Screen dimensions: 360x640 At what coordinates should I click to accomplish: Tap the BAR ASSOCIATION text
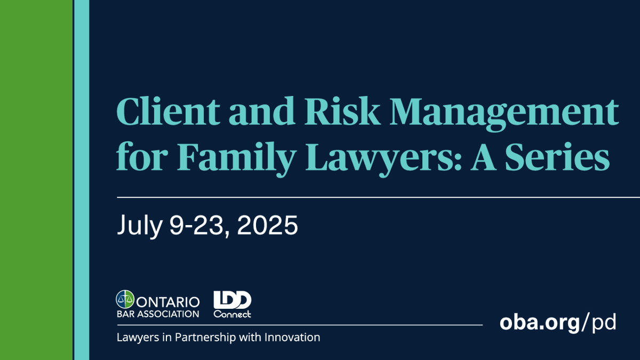[x=157, y=314]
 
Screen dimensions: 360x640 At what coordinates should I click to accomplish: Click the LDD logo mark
[x=232, y=300]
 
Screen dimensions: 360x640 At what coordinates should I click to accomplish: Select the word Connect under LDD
[x=232, y=314]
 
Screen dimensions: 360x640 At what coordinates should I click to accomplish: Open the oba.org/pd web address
[x=558, y=323]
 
